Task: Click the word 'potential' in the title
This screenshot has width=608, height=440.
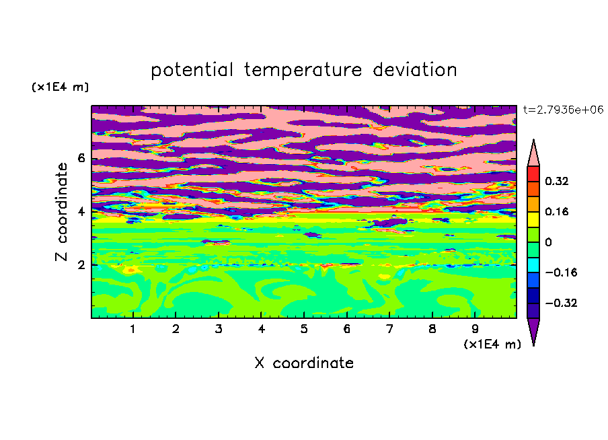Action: coord(192,71)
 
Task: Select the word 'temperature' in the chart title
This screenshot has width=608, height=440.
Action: coord(303,71)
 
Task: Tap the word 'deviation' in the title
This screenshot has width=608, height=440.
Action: coord(414,70)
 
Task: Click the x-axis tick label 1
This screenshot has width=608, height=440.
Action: coord(133,329)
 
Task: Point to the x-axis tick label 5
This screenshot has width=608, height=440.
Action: coord(304,329)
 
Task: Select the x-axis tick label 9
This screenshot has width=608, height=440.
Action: coord(475,329)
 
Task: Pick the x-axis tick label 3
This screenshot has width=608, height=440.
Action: coord(219,329)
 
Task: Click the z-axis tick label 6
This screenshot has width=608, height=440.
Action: coord(81,158)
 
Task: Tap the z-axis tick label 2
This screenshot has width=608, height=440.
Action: coord(81,265)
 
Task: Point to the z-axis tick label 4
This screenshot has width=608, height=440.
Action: coord(81,212)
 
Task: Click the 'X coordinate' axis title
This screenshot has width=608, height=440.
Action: coord(304,363)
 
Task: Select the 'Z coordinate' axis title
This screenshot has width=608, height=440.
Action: coord(62,212)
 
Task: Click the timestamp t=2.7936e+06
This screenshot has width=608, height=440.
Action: coord(563,110)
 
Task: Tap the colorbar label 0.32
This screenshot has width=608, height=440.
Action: coord(556,181)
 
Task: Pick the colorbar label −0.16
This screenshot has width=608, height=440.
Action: coord(561,272)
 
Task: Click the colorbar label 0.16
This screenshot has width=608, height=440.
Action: coord(556,211)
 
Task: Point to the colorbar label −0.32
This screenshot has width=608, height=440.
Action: coord(561,303)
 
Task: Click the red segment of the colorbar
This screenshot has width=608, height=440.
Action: coord(533,174)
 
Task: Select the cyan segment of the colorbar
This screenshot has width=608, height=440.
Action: coord(533,265)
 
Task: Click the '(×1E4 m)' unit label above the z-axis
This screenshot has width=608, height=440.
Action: coord(60,87)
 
